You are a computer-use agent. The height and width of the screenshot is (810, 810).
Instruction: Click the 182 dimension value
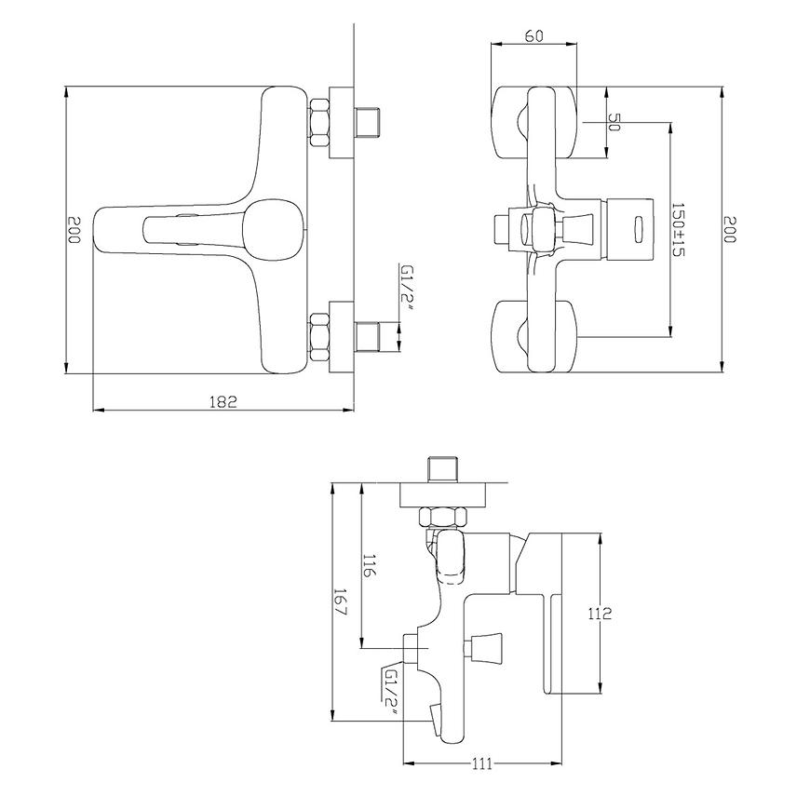point(223,401)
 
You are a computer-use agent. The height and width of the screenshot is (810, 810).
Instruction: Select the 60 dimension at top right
point(534,36)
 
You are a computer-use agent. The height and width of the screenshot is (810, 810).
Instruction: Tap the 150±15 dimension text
point(678,229)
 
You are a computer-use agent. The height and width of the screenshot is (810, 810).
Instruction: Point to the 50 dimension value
point(614,121)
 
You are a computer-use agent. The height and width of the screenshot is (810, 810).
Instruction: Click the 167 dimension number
point(340,601)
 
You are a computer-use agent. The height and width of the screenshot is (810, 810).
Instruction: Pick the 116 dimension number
point(369,567)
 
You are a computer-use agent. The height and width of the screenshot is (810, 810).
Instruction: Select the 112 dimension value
point(600,614)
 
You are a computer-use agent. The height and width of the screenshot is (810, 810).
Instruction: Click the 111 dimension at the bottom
point(481,763)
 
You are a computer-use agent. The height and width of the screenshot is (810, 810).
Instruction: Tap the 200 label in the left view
point(74,229)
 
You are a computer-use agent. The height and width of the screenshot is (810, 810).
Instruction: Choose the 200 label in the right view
point(729,229)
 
